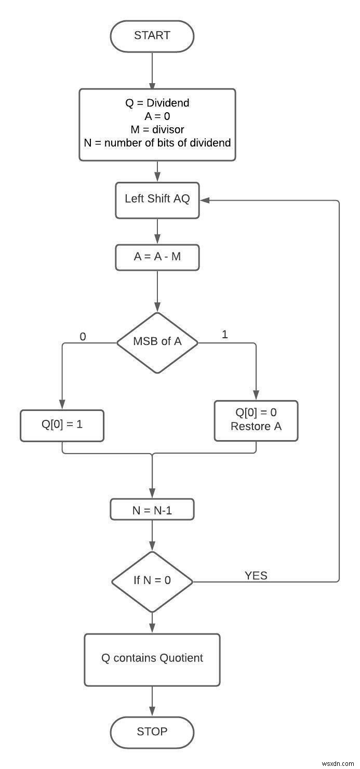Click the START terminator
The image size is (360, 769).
tap(152, 36)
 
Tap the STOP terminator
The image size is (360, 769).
tap(152, 732)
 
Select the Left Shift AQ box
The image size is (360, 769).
tap(157, 199)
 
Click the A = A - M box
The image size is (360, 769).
tap(157, 256)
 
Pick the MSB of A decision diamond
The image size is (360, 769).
tap(157, 342)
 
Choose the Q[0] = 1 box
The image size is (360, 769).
tap(62, 423)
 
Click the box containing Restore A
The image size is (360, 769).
tap(256, 421)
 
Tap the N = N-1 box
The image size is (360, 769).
tap(152, 510)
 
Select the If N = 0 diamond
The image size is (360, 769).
tap(152, 580)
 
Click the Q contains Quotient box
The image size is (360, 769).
tap(152, 659)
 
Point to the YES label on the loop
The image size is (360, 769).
tap(256, 575)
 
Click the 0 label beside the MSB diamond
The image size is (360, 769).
tap(83, 337)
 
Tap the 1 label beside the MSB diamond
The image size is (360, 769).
tap(225, 335)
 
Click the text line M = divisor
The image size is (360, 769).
tap(157, 129)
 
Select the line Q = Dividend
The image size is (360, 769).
tap(157, 103)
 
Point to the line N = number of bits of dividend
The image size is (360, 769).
tap(157, 142)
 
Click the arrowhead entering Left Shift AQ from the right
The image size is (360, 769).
tap(204, 200)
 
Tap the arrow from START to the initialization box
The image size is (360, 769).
tap(152, 70)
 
